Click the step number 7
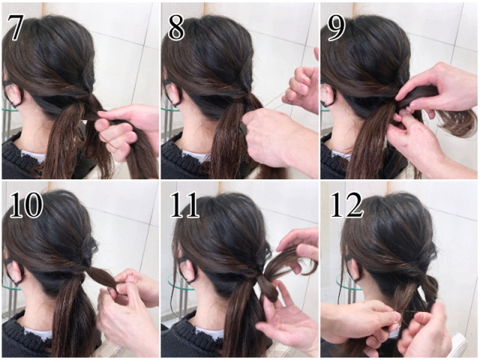[x=14, y=27]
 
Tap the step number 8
[x=176, y=27]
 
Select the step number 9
[x=336, y=27]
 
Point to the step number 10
[x=26, y=205]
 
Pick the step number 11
[x=184, y=205]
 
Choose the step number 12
[x=346, y=205]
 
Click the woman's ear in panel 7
[x=14, y=94]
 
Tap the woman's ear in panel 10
[x=15, y=271]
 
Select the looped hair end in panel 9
[x=458, y=122]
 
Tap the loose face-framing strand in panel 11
[x=174, y=275]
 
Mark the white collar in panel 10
[x=38, y=333]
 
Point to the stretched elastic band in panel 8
[x=273, y=102]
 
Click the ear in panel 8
[x=174, y=92]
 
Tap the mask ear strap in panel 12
[x=354, y=270]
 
